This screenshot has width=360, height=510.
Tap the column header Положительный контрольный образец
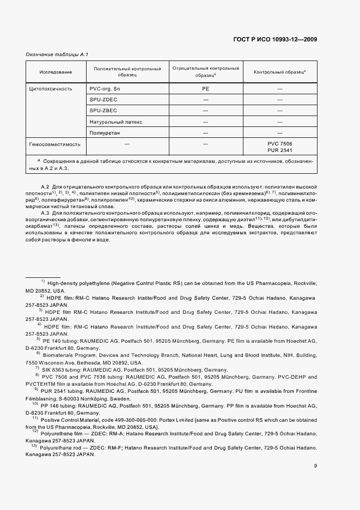tap(127, 72)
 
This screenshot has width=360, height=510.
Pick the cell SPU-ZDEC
tap(105, 100)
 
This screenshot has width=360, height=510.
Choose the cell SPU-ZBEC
tap(105, 111)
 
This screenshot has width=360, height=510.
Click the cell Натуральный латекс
tap(116, 122)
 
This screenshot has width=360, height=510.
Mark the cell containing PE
tap(205, 88)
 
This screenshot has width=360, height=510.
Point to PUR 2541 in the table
tap(280, 150)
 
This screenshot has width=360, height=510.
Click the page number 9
tap(315, 465)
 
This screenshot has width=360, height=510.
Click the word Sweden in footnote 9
tap(124, 398)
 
